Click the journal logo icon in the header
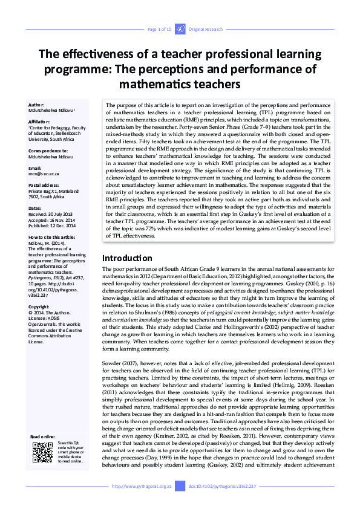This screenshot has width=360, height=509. click(x=180, y=29)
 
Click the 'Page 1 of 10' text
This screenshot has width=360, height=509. click(x=159, y=29)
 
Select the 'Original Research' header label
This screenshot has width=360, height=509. click(x=205, y=29)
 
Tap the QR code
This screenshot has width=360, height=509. click(x=42, y=452)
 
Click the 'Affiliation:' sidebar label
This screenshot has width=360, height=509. click(x=40, y=121)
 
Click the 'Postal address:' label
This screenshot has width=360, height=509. click(x=45, y=184)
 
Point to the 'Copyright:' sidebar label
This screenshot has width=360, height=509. click(x=39, y=307)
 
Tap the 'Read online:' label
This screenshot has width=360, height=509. click(x=43, y=436)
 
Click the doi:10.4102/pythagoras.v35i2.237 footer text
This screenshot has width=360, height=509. click(x=222, y=486)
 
